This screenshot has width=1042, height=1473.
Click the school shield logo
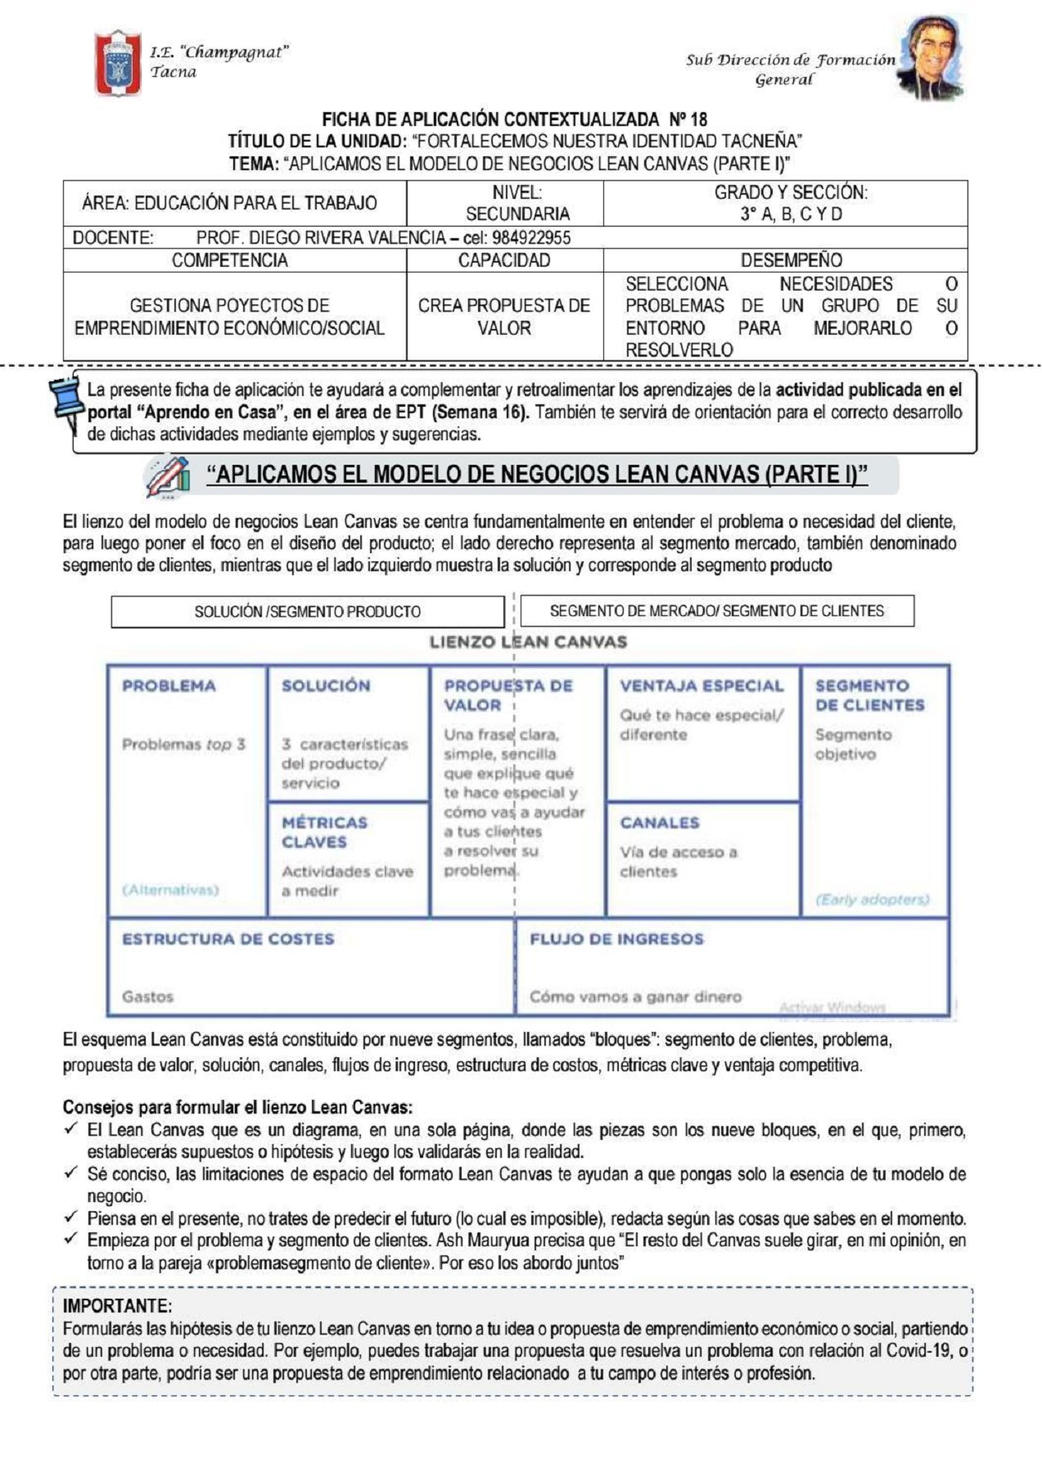(x=118, y=62)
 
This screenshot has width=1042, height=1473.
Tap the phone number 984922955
(x=531, y=238)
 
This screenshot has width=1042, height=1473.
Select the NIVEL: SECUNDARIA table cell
(x=517, y=203)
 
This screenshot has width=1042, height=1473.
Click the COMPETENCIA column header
(x=230, y=260)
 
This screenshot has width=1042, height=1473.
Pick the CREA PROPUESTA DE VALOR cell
(x=503, y=317)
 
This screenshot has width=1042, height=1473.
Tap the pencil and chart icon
(x=168, y=477)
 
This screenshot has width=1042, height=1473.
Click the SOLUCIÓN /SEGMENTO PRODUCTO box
(x=307, y=611)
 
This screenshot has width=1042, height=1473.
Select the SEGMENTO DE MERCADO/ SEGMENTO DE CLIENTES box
(x=716, y=610)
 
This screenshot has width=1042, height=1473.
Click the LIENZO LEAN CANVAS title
(x=528, y=642)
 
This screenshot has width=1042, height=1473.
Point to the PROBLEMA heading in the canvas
(x=169, y=686)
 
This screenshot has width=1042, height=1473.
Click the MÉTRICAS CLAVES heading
(x=324, y=832)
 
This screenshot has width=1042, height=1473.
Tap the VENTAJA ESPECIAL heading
(x=701, y=686)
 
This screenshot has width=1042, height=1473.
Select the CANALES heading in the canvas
(x=659, y=822)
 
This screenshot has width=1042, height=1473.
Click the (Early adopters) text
(x=872, y=899)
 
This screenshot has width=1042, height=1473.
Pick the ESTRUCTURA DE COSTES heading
(x=228, y=939)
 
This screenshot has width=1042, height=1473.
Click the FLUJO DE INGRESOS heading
(x=616, y=939)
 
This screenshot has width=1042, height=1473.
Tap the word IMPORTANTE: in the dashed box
(x=117, y=1305)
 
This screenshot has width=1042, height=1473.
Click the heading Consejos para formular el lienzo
(x=237, y=1107)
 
